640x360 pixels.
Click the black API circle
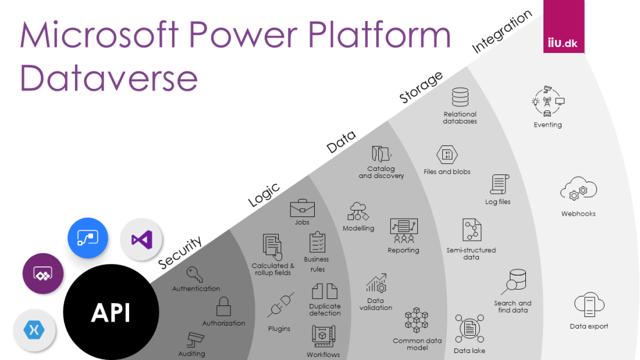(111, 313)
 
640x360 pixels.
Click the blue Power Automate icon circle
(88, 237)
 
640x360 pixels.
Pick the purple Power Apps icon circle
(43, 274)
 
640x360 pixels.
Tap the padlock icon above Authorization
(223, 306)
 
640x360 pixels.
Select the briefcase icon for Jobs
(302, 208)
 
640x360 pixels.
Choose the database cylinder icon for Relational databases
(460, 97)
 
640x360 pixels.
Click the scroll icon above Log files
(499, 184)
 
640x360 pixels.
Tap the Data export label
(589, 326)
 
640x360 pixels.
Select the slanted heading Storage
(421, 87)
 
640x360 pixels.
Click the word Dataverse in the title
(109, 78)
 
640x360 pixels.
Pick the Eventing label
(547, 124)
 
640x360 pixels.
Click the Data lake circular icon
(469, 330)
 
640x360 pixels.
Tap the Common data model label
(417, 344)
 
